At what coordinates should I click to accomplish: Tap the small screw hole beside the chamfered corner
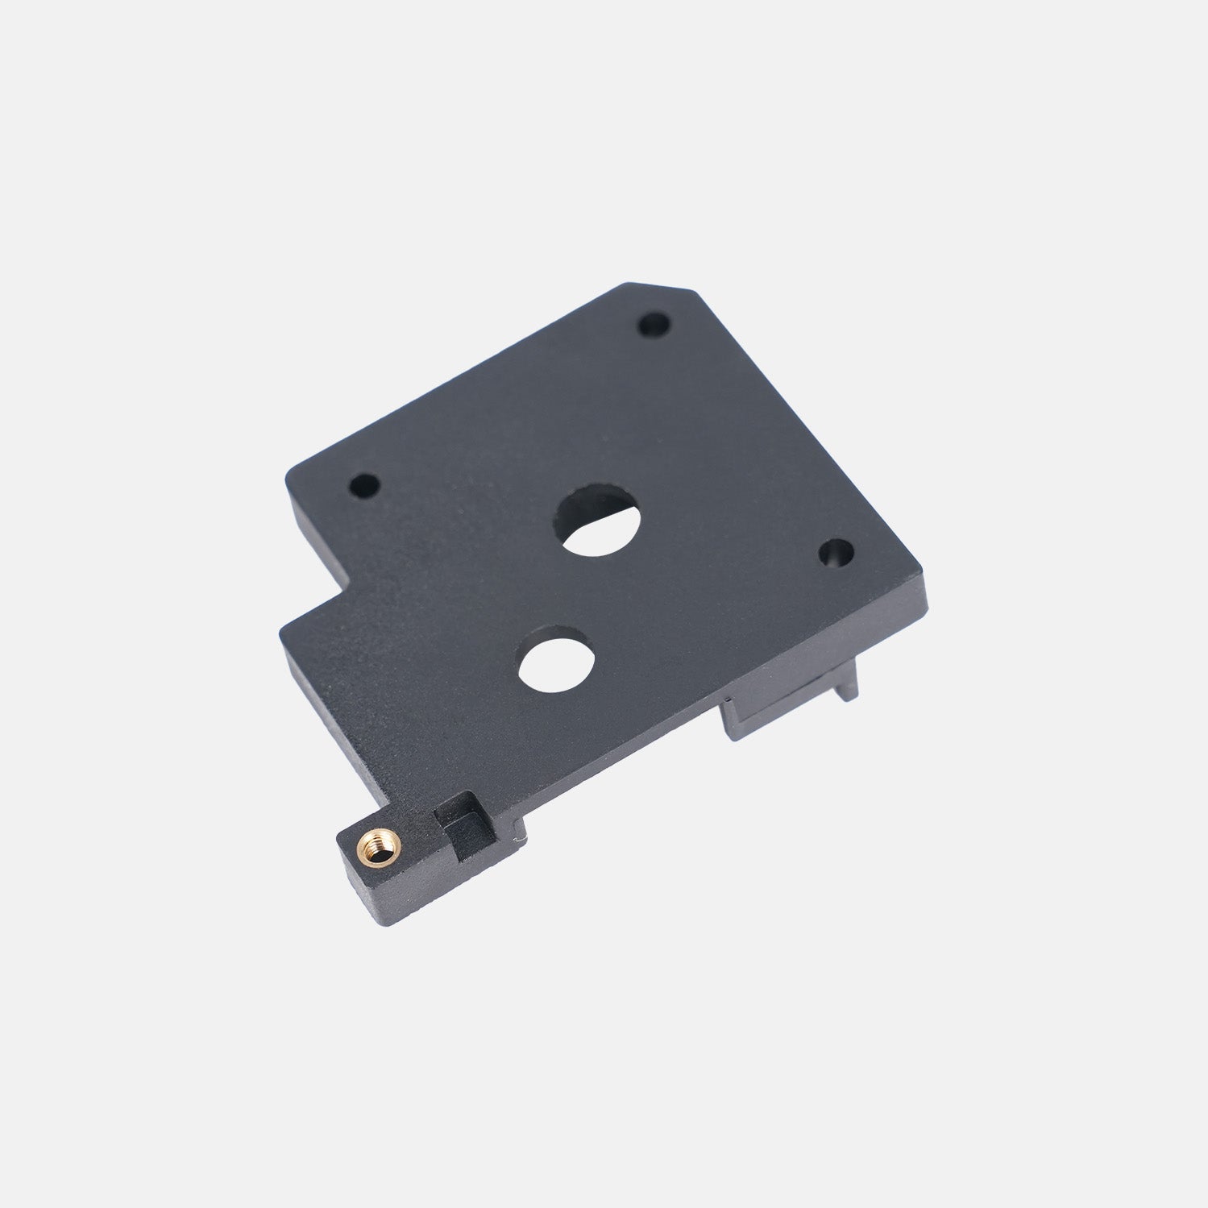(x=654, y=325)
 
